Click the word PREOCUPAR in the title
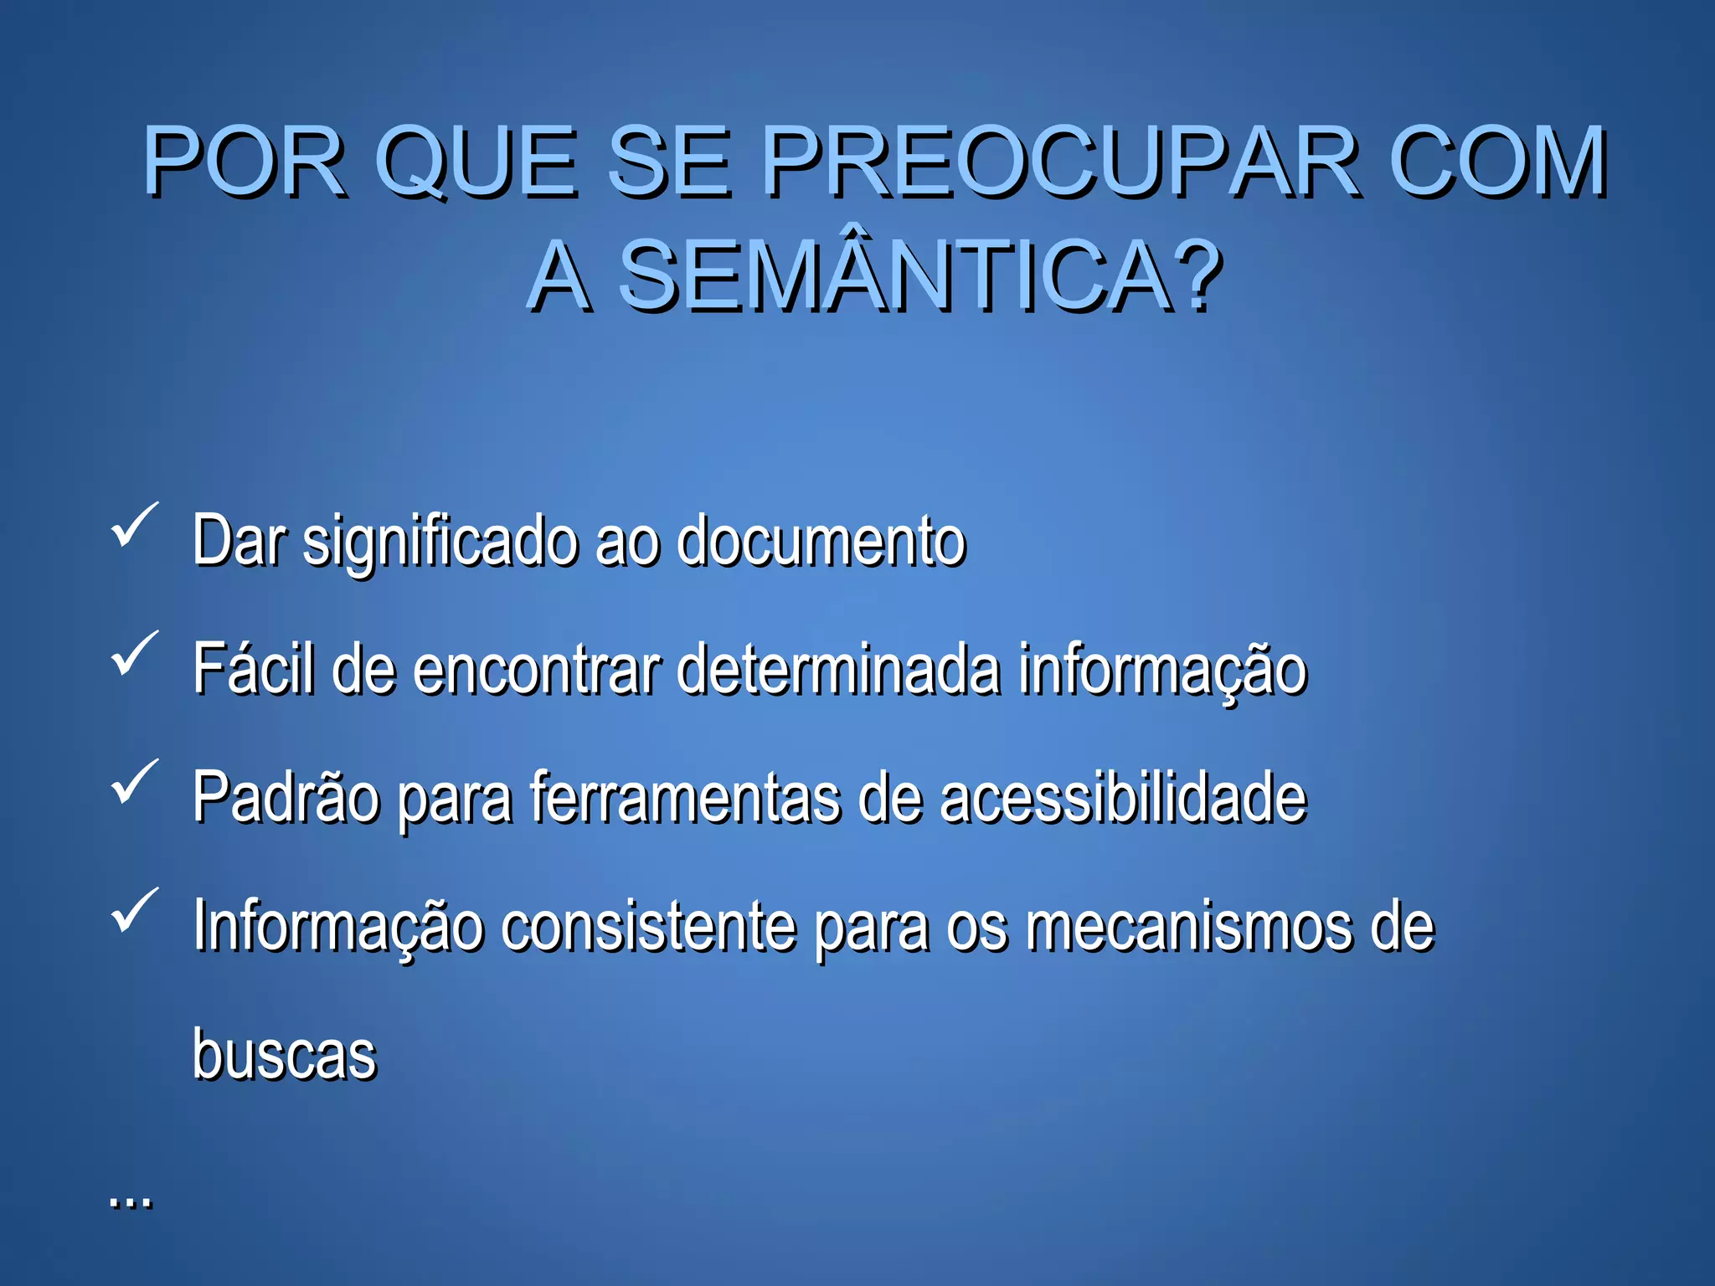[1062, 161]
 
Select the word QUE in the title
[476, 161]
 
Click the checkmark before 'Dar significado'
[134, 525]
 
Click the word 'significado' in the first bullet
[440, 543]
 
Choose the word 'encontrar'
[537, 670]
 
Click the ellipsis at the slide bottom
[131, 1202]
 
